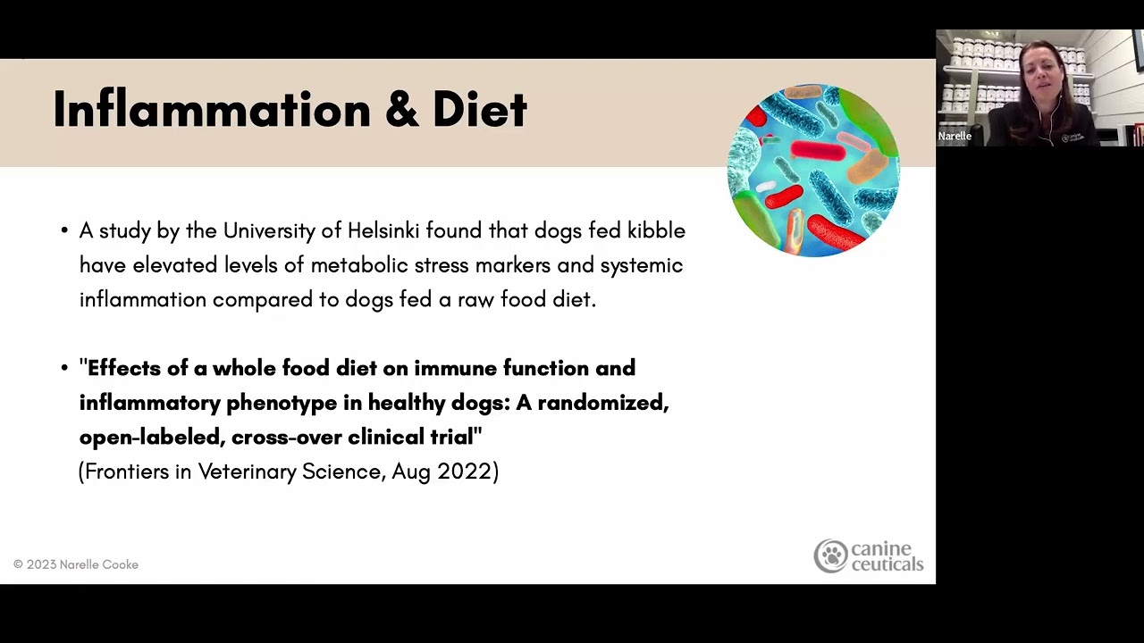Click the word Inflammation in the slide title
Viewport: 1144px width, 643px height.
click(x=212, y=109)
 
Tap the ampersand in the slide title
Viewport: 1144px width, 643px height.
click(x=402, y=109)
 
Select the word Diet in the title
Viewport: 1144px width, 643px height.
click(x=480, y=109)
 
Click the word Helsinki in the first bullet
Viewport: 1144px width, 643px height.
click(x=383, y=230)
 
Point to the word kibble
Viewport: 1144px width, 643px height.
click(x=656, y=230)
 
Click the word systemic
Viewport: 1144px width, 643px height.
click(x=642, y=266)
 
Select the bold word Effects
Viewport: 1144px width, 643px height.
click(x=124, y=368)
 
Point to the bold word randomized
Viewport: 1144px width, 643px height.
click(x=603, y=403)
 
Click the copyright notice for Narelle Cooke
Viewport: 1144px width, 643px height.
click(x=76, y=564)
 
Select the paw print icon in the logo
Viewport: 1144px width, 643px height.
click(x=831, y=555)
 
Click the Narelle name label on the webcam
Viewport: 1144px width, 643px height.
click(x=955, y=136)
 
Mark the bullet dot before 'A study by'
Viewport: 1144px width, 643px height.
click(x=64, y=230)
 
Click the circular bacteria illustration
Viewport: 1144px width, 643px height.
click(x=813, y=171)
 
